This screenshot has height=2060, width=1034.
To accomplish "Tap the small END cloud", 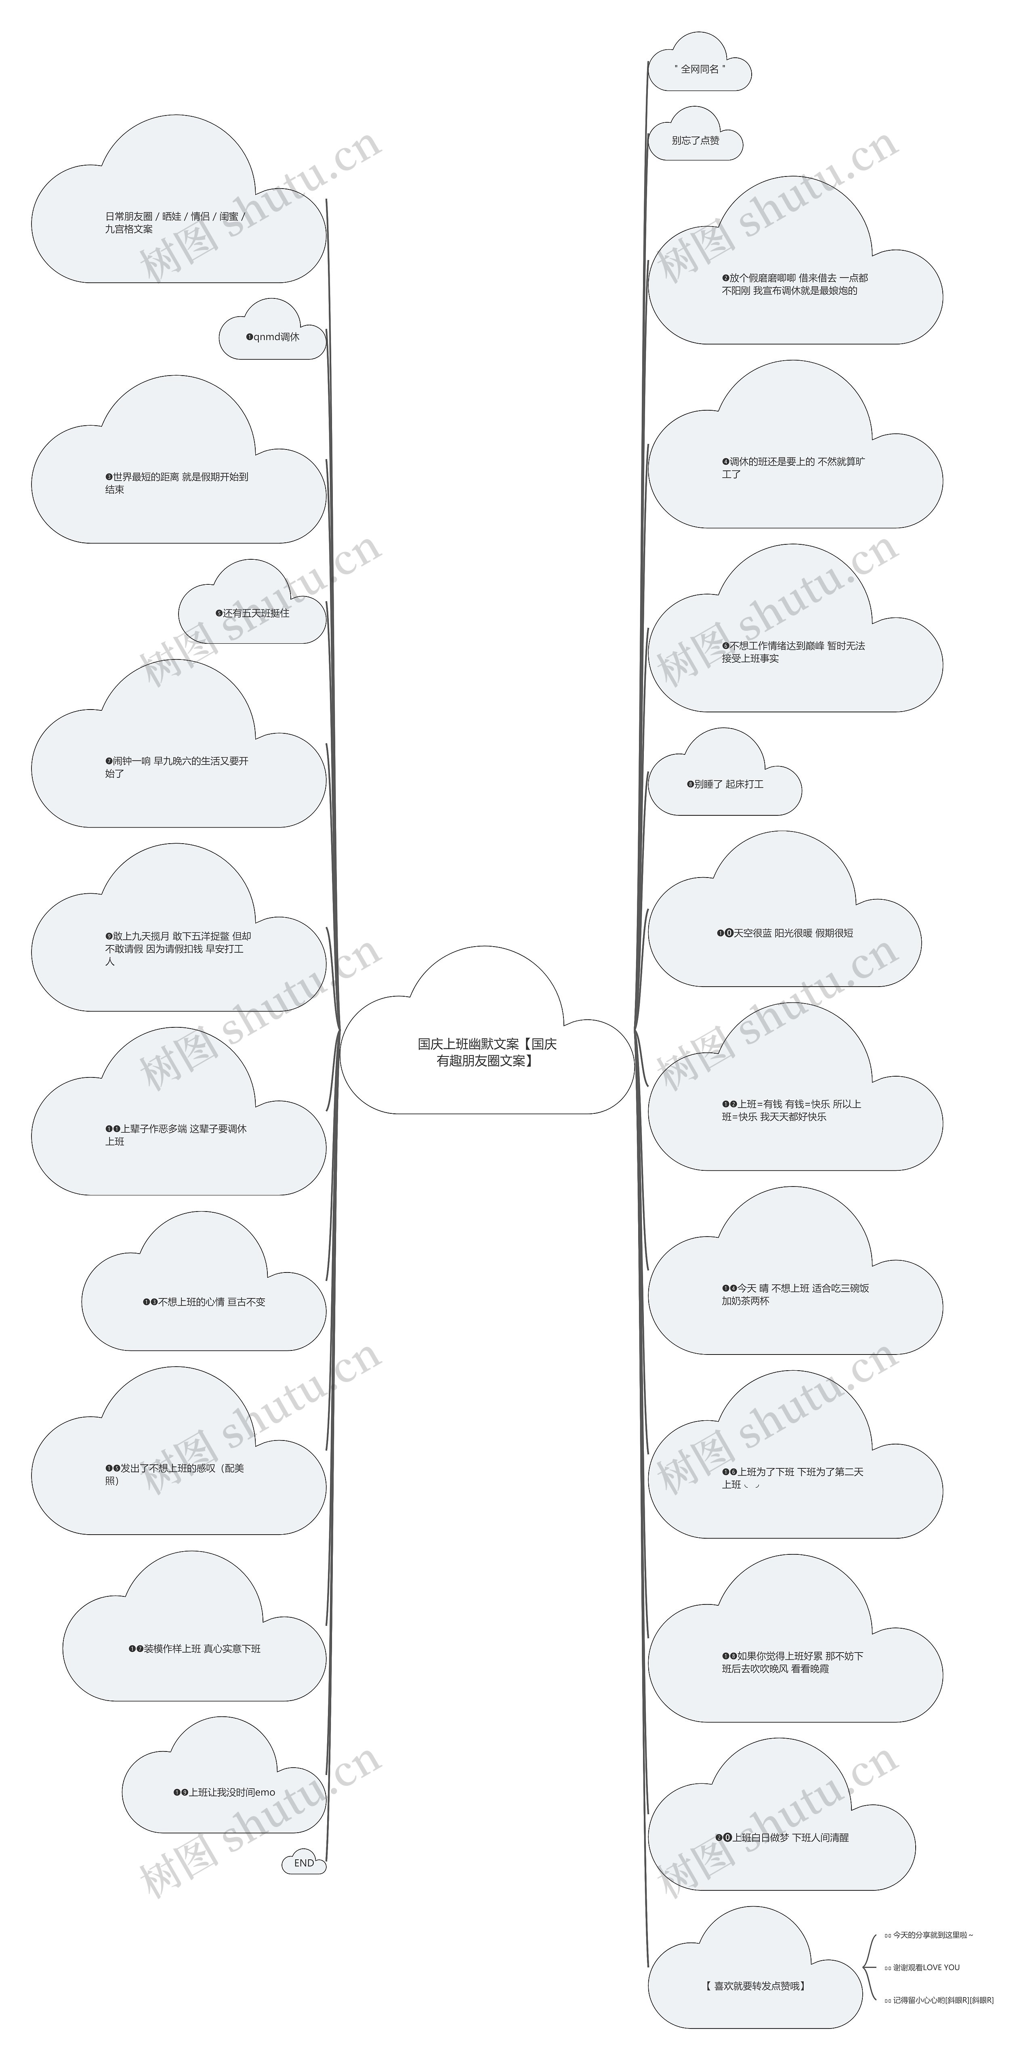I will [304, 1863].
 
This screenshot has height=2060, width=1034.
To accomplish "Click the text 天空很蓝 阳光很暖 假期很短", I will [784, 932].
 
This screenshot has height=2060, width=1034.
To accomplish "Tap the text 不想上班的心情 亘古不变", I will [204, 1302].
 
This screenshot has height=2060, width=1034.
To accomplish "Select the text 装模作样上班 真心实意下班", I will [194, 1649].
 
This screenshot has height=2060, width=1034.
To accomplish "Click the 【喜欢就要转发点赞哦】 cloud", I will [756, 1986].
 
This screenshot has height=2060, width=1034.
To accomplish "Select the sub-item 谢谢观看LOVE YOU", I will [922, 1967].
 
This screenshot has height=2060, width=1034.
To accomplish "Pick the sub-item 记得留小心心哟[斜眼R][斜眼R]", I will [939, 2000].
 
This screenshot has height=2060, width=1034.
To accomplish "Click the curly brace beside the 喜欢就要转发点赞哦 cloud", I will [869, 1967].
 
